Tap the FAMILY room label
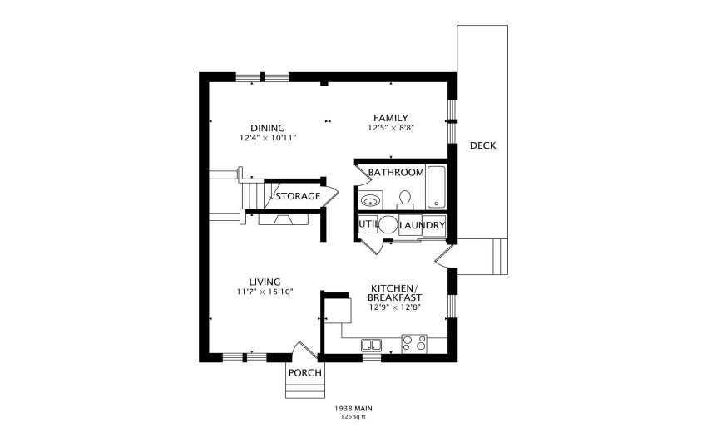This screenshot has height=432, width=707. tap(390, 118)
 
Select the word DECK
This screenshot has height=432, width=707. tap(482, 145)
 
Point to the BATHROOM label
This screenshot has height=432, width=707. tap(397, 173)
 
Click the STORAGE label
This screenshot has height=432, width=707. tap(298, 196)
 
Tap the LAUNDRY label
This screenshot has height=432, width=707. tap(422, 225)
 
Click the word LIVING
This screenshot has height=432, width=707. tap(264, 282)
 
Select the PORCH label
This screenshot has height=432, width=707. tap(304, 372)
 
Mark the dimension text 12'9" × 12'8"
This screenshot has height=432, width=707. tap(395, 307)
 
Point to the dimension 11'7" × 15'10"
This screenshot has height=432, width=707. tap(265, 292)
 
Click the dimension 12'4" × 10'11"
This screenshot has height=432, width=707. tap(268, 137)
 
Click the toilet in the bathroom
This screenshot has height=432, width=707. tap(406, 199)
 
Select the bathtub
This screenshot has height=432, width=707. tap(437, 188)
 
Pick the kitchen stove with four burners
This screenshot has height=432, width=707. tap(414, 343)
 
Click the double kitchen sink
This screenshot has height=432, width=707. tap(371, 344)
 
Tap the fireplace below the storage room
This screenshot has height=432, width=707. tap(284, 219)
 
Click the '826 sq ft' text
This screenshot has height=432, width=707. tap(353, 417)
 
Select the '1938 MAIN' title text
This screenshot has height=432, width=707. tap(353, 409)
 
